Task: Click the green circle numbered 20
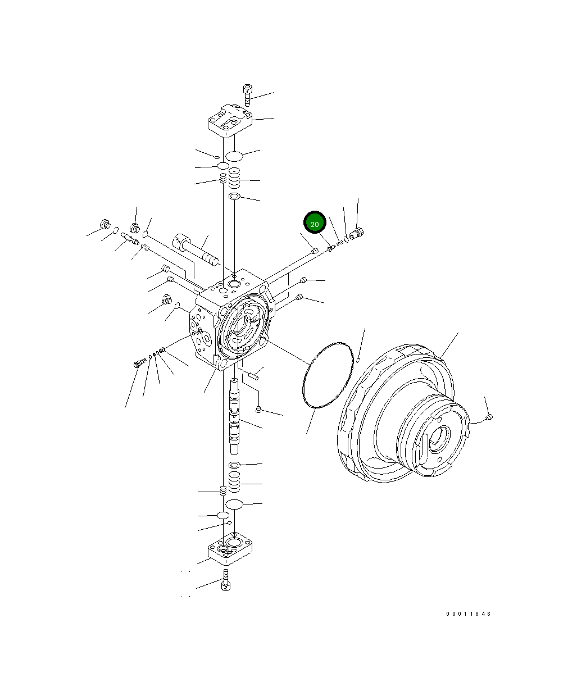tap(315, 222)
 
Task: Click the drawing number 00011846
tap(468, 614)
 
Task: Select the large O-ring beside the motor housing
tap(328, 375)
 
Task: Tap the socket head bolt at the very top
tap(247, 95)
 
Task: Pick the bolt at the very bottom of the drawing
tap(226, 580)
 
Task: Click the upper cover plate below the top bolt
tap(230, 121)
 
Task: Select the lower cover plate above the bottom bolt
tap(230, 548)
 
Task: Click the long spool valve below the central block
tap(234, 416)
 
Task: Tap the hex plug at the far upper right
tap(356, 233)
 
